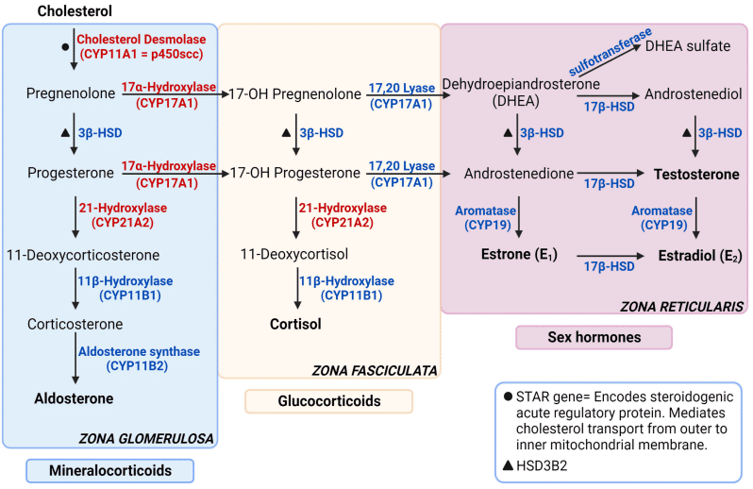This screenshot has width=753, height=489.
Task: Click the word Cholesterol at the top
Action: click(75, 11)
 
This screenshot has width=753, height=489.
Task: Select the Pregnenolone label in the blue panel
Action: click(68, 94)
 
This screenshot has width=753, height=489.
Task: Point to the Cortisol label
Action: click(294, 325)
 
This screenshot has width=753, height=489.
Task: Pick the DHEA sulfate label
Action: click(694, 45)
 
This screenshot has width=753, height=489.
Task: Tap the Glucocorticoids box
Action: click(330, 401)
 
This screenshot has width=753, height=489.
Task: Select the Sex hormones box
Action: click(594, 337)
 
